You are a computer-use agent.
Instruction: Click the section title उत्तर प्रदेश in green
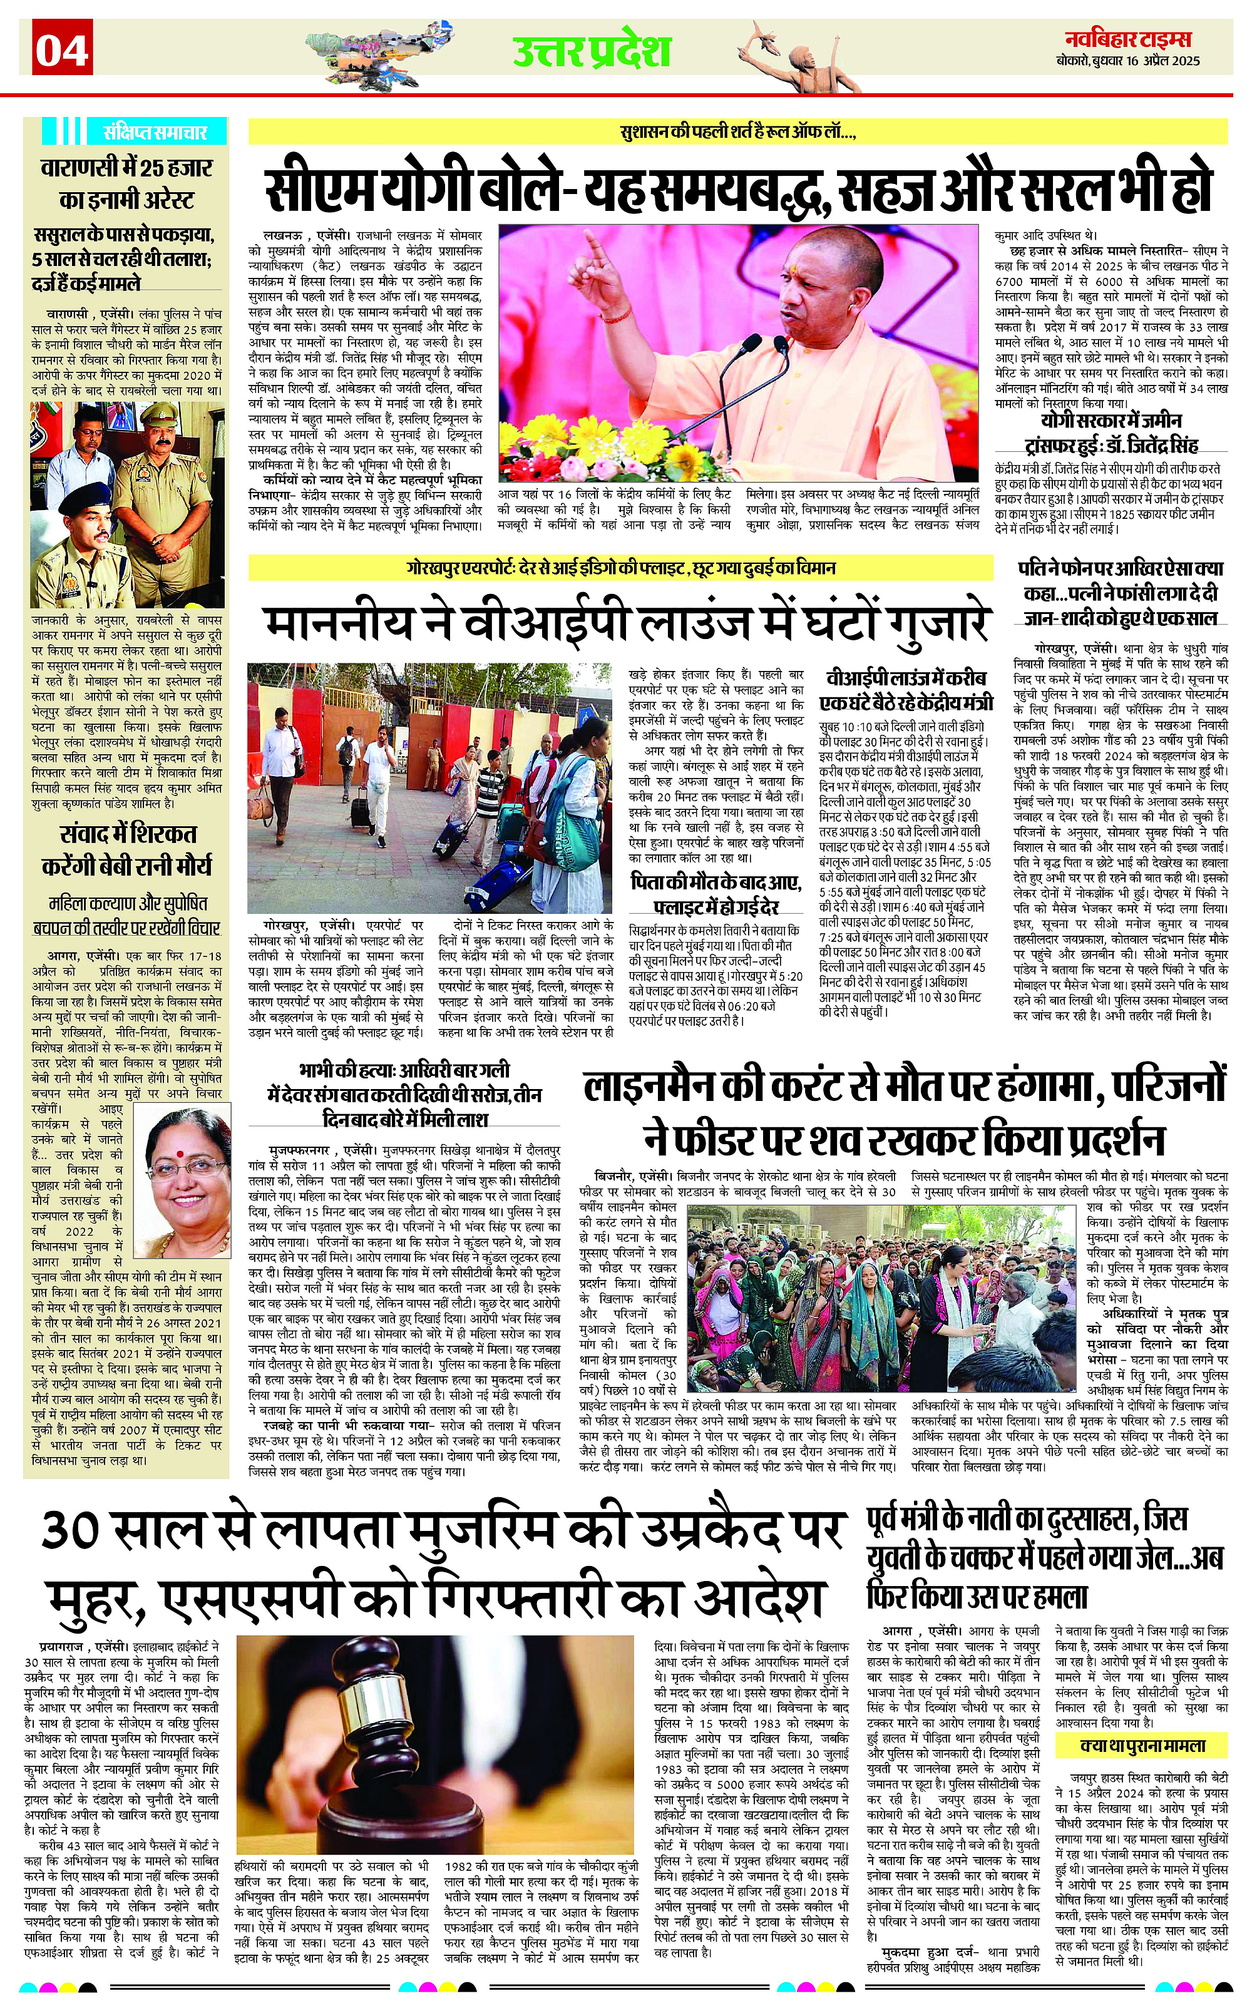pos(591,51)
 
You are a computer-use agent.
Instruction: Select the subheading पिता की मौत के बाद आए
pos(716,883)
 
